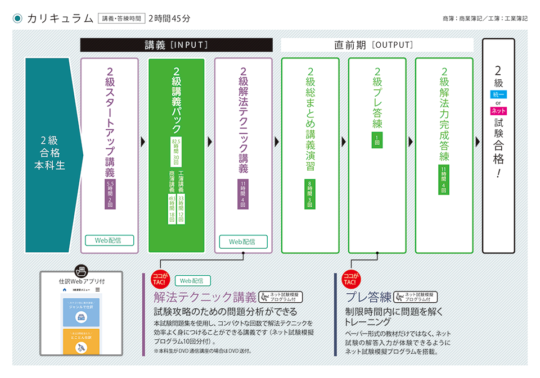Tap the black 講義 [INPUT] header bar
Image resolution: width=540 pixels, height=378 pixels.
coord(176,45)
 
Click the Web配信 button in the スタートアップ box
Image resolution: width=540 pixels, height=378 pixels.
coord(110,240)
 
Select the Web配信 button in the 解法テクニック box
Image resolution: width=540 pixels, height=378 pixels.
coord(243,242)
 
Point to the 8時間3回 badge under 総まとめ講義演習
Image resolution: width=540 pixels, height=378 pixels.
coord(310,194)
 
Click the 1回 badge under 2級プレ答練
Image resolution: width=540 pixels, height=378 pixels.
coord(377,140)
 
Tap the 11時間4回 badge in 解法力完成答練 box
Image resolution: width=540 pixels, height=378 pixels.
coord(444,180)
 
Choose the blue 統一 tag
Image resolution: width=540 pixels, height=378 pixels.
coord(498,95)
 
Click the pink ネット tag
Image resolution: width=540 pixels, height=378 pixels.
coord(498,111)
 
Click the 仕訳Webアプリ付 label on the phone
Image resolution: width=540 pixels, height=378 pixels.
coord(82,280)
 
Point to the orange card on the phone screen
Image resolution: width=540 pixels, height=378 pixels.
coord(82,342)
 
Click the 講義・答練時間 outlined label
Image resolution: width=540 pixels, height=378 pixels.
coord(121,19)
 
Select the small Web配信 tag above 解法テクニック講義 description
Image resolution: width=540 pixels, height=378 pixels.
coord(193,280)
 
